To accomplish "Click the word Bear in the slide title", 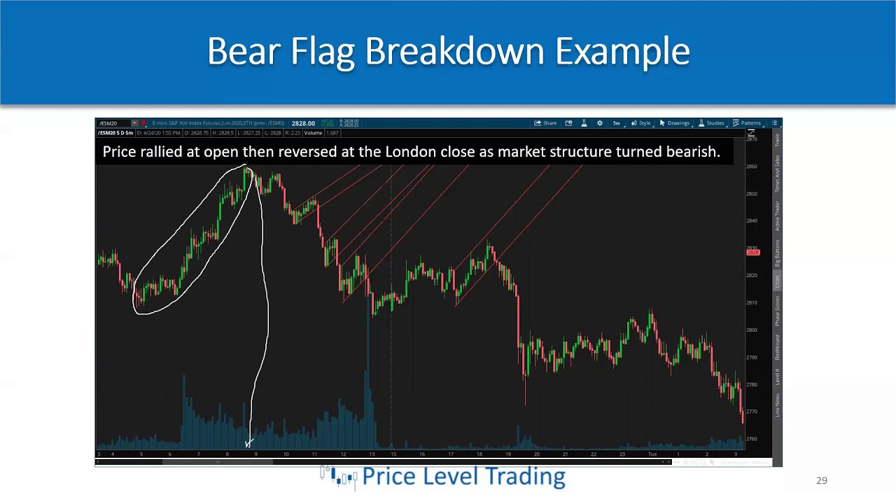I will [244, 52].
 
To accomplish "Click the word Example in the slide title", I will [622, 52].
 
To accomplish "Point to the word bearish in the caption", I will [692, 152].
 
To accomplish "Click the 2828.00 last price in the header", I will [303, 123].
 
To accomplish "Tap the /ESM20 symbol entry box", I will [114, 123].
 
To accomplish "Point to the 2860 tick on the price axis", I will [752, 167].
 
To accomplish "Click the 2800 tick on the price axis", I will [752, 330].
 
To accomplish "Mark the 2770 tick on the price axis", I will [752, 412].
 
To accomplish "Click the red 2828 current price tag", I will [753, 252].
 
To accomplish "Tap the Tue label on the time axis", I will [652, 454].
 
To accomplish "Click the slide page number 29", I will [822, 480].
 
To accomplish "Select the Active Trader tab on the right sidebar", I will [776, 215].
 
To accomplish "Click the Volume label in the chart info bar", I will [313, 133].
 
